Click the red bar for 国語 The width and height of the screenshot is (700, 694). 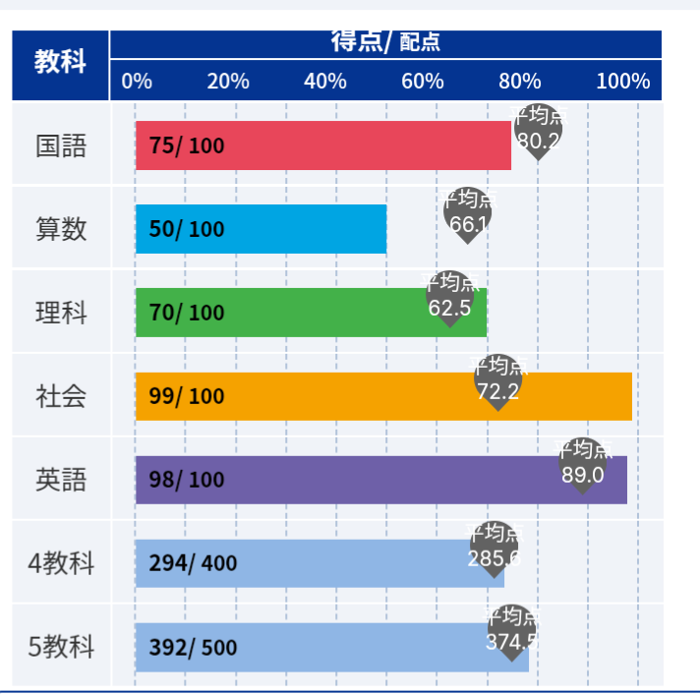tap(324, 145)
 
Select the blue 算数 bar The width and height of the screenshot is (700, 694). tap(261, 229)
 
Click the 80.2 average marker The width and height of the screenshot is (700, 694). tap(538, 131)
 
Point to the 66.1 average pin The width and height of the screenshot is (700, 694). tap(468, 213)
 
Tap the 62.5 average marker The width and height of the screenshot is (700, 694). tap(450, 297)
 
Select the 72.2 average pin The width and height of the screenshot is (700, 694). tap(497, 381)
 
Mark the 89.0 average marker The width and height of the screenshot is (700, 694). tap(583, 464)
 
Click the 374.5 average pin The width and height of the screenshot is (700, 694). tap(512, 631)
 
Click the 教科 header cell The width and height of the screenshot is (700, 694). tap(60, 62)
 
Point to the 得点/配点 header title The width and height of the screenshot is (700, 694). tap(385, 42)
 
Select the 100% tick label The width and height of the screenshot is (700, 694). tap(622, 82)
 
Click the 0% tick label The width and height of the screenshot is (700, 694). tap(137, 82)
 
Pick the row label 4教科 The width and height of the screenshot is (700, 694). tap(61, 564)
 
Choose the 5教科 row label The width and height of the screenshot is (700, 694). tap(61, 648)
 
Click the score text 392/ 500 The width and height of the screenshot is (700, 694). tap(193, 648)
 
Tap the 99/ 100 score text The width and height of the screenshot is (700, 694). tap(187, 396)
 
